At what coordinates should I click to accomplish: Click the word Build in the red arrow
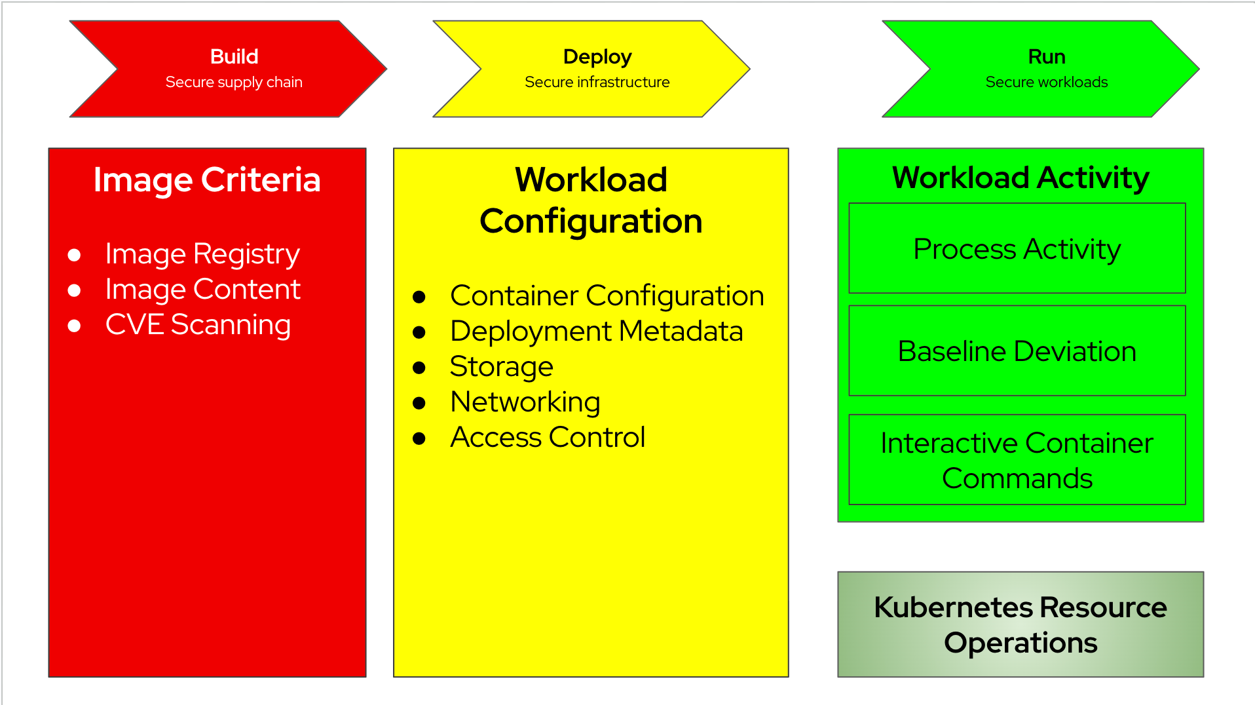[234, 57]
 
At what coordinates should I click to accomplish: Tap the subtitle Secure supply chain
[234, 83]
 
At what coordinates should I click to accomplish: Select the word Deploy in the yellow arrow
[597, 57]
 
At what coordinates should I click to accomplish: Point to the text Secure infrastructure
[597, 83]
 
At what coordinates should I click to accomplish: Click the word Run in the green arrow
[1046, 57]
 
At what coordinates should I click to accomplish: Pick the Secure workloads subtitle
[1046, 83]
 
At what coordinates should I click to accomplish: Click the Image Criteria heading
[207, 180]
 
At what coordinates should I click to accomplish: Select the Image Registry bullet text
[202, 254]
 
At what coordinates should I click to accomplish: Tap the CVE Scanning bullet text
[198, 325]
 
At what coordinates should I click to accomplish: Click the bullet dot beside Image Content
[75, 290]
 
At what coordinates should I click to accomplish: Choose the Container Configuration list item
[607, 296]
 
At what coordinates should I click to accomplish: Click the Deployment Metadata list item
[596, 332]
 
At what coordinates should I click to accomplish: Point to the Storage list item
[501, 367]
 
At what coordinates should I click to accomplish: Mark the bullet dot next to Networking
[419, 403]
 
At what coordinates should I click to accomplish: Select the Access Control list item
[548, 438]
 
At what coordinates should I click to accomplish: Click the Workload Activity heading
[1020, 178]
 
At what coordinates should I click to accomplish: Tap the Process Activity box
[1017, 248]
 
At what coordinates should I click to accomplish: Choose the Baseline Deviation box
[1017, 351]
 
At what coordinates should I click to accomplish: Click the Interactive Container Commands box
[1017, 460]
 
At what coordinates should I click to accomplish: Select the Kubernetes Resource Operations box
[1020, 624]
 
